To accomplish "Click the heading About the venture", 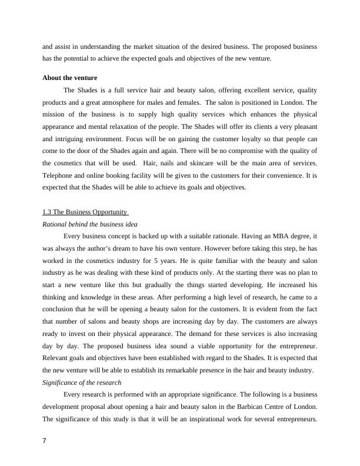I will pos(70,78).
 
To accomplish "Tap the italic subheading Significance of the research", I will pos(82,382).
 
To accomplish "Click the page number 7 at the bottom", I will pos(45,441).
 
